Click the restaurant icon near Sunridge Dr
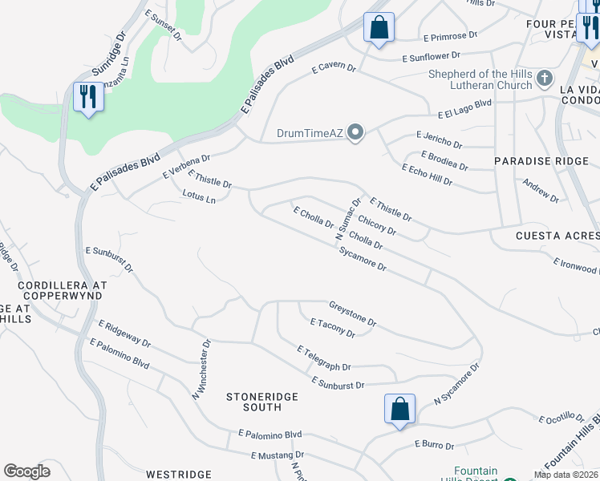coord(87,98)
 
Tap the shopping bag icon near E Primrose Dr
coord(379,27)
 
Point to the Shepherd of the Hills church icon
coord(545,79)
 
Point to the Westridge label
coord(179,475)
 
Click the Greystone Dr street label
coord(353,313)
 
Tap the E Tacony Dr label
coord(332,328)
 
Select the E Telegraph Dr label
coord(324,358)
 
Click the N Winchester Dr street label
coord(201,370)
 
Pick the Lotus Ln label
coord(200,196)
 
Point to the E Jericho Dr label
coord(439,140)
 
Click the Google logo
coord(26,471)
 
